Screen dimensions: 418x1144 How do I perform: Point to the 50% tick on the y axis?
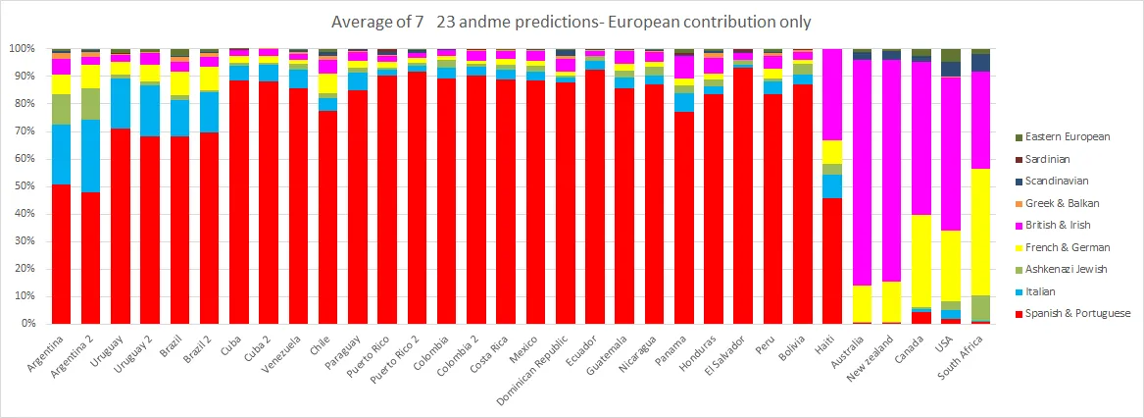(x=23, y=186)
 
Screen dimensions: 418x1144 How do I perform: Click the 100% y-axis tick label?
(x=21, y=49)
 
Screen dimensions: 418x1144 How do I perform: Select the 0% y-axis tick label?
(x=25, y=324)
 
